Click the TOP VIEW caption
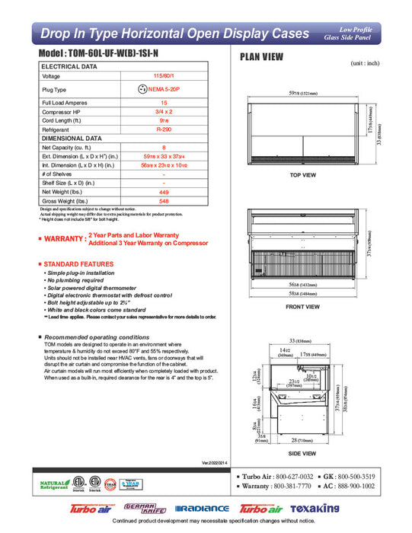pos(303,176)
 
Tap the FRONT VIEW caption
pos(302,307)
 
